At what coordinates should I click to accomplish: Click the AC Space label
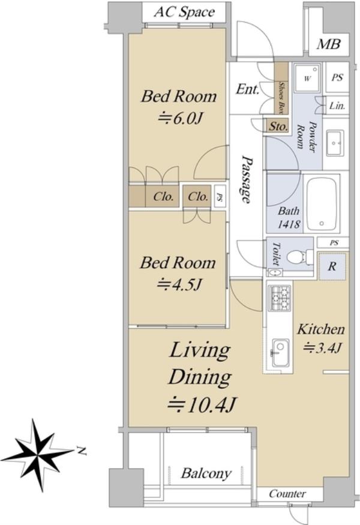coord(184,13)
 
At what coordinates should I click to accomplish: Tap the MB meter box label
coord(329,44)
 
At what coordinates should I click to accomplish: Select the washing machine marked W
coord(308,77)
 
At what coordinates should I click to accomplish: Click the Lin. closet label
coord(337,106)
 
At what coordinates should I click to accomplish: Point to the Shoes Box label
coord(282,97)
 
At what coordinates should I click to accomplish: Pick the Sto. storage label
coord(278,126)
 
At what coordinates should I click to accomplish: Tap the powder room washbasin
coord(335,143)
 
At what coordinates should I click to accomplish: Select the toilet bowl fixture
coord(295,257)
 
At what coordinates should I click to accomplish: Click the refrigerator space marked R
coord(332,266)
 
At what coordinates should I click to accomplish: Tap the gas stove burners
coord(280,298)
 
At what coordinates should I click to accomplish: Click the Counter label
coord(287,494)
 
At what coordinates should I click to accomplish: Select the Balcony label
coord(206,473)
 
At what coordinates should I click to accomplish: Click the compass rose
coord(37,455)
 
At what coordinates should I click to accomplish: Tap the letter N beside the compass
coord(82,451)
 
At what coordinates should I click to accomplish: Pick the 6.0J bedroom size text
coord(180,119)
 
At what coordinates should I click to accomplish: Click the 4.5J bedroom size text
coord(179,284)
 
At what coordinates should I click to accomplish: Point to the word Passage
coord(247,179)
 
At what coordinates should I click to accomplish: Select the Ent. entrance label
coord(247,89)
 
